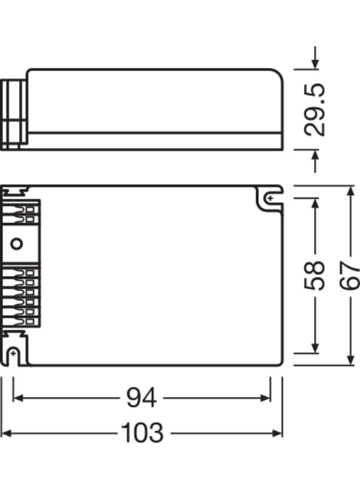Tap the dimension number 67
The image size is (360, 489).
coord(350,275)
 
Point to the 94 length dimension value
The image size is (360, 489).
coord(141,398)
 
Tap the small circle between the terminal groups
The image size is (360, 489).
coord(17,243)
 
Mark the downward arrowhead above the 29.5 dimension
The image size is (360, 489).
coord(315,65)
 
